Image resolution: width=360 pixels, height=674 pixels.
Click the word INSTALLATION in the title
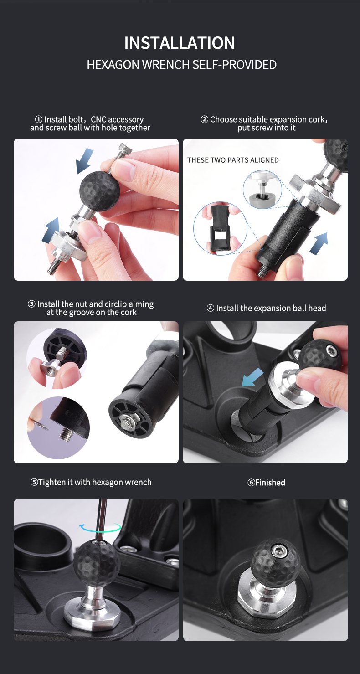[180, 43]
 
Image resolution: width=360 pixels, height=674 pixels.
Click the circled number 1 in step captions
[40, 120]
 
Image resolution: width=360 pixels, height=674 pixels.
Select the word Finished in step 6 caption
[270, 483]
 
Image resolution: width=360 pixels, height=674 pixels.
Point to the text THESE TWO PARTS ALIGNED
[233, 160]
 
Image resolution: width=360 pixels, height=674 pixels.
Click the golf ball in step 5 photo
[97, 563]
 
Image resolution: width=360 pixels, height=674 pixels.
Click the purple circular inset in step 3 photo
[58, 427]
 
